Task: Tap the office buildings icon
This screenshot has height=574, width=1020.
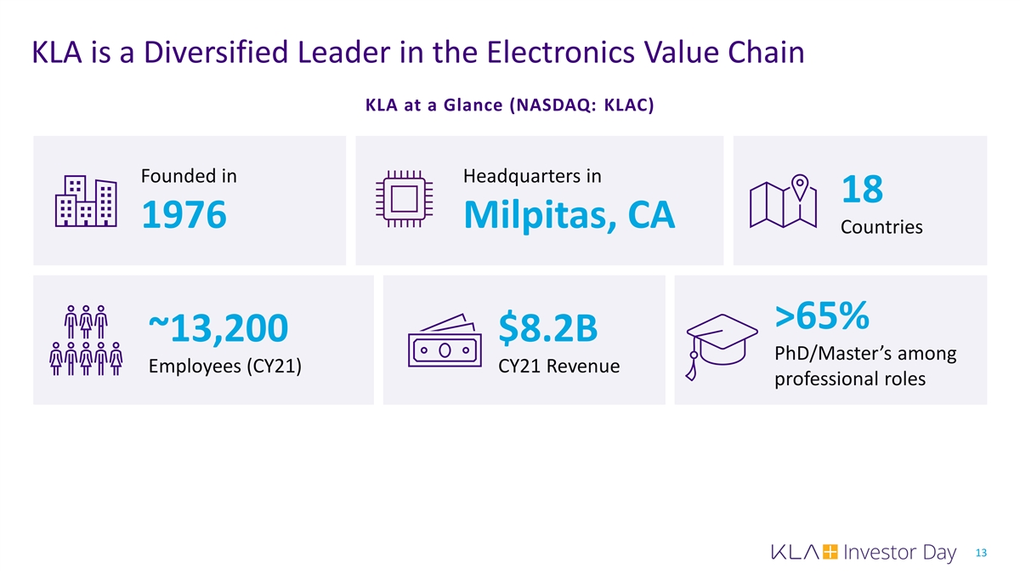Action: pos(85,202)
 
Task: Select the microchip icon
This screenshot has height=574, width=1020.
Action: pos(405,201)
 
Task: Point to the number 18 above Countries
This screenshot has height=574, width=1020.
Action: pos(862,190)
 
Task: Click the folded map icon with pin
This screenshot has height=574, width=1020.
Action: pos(783,202)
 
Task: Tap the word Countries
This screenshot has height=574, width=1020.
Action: pos(881,228)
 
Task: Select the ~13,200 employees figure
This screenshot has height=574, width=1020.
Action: pos(218,329)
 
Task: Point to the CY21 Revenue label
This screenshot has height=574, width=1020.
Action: pos(558,367)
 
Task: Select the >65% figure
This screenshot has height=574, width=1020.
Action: pos(821,315)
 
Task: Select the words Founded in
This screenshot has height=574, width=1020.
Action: pos(189,176)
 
